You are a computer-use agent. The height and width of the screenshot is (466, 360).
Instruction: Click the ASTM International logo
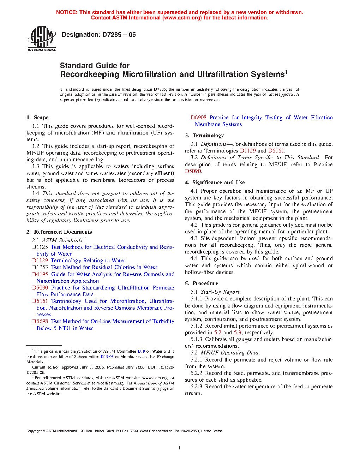[42, 39]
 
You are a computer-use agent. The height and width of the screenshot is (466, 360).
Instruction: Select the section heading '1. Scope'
[37, 118]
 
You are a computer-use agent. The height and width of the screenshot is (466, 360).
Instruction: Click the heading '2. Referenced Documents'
[59, 232]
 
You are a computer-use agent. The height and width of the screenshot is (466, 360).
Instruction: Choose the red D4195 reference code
[40, 274]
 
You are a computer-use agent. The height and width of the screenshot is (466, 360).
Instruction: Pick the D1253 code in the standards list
[40, 267]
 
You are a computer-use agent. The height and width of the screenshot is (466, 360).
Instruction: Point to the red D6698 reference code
[40, 321]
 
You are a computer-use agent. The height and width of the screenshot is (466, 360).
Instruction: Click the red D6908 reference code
[198, 118]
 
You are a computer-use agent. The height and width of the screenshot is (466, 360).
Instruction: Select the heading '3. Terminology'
[204, 136]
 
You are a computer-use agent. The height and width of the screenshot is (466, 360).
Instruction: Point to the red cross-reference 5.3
[237, 333]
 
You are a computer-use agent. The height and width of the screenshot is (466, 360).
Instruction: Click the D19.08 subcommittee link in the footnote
[107, 357]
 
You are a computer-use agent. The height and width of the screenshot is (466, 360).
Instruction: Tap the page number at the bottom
[180, 448]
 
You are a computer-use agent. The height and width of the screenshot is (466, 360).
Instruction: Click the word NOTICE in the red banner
[67, 12]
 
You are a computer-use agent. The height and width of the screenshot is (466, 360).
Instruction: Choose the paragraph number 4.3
[194, 238]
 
